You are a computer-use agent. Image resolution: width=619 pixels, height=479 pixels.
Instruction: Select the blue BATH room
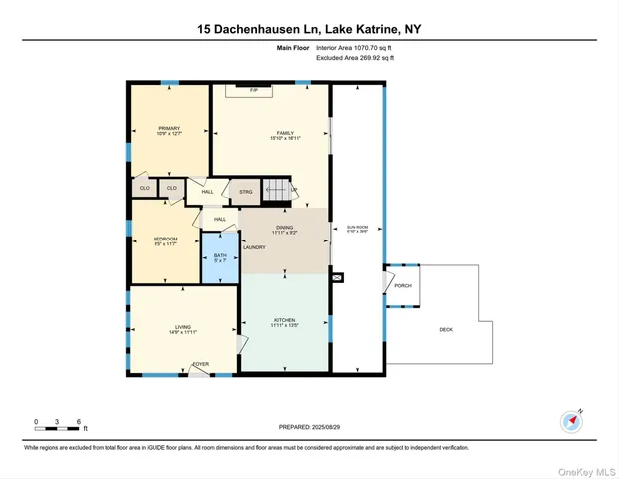click(x=221, y=256)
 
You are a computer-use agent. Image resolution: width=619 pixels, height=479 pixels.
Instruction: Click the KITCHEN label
click(x=284, y=321)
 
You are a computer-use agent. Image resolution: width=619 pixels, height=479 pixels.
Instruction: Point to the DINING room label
click(x=284, y=229)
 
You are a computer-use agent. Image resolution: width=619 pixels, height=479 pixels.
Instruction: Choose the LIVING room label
click(x=183, y=328)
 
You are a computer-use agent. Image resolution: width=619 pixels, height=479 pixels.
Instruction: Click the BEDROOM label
click(x=165, y=240)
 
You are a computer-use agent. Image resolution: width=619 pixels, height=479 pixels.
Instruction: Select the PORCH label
click(x=403, y=285)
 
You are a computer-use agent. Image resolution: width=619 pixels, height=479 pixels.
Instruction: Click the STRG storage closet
click(x=245, y=191)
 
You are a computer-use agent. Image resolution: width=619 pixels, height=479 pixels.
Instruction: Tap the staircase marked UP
click(x=279, y=190)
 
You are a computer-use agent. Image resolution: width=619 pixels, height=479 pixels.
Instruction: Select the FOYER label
click(x=200, y=365)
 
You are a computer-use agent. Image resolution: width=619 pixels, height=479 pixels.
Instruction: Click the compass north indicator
click(x=571, y=421)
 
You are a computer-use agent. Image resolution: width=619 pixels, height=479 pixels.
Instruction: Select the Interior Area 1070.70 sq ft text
click(x=355, y=48)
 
